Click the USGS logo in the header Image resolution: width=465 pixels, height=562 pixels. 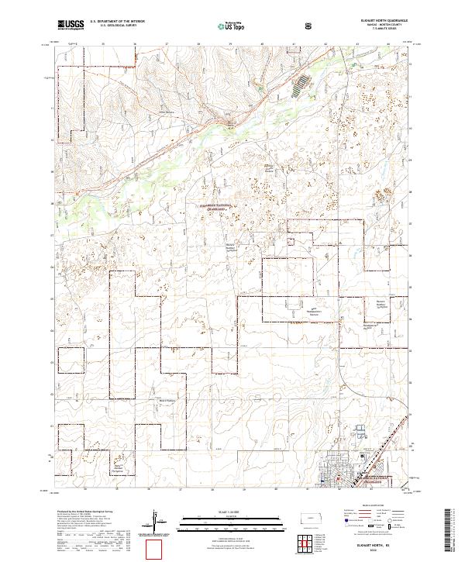[71, 25]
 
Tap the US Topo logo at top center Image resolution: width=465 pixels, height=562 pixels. [225, 26]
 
